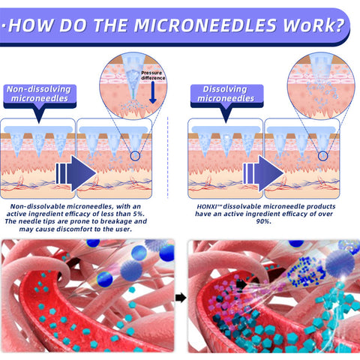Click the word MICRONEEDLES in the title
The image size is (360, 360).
205,25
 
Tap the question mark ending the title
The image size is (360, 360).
339,25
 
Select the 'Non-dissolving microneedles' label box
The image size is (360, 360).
40,96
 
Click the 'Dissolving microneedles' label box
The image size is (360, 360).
226,96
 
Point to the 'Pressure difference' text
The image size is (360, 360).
153,75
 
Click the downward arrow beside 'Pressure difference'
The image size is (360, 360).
152,92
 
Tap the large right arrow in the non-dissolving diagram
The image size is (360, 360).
76,173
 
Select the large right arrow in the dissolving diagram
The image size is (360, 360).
263,173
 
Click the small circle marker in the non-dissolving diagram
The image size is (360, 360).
135,156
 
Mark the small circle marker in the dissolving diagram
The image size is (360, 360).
322,156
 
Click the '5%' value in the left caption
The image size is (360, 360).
139,214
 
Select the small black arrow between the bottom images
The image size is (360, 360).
181,298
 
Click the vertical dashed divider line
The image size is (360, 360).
167,157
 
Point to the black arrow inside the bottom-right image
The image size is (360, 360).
241,284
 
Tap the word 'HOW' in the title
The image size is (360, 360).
31,25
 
